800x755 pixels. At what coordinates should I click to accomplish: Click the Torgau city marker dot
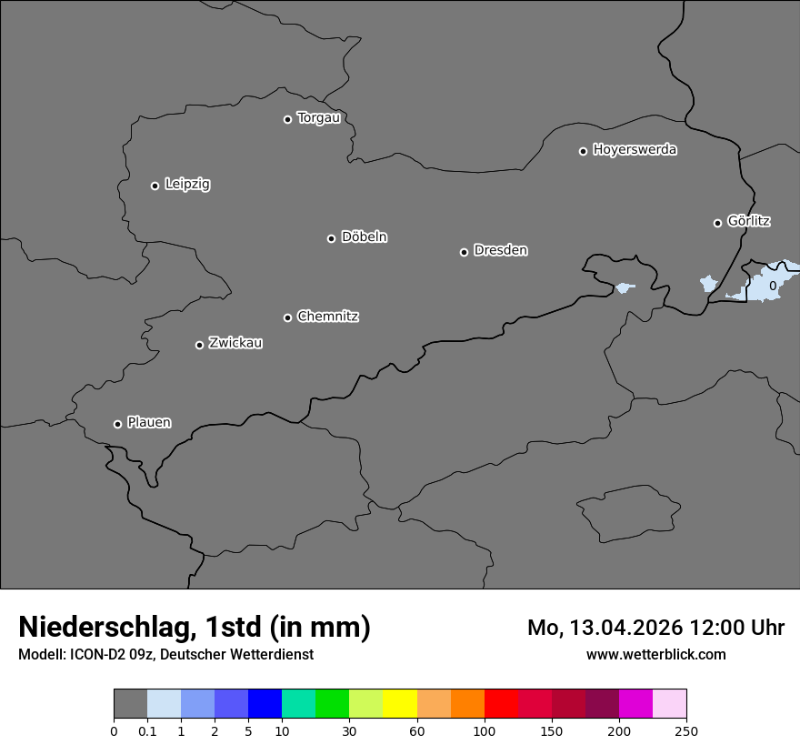[287, 119]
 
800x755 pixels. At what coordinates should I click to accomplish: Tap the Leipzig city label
[187, 184]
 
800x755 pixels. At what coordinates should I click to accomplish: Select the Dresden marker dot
[464, 252]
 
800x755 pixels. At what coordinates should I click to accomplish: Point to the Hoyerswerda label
[635, 149]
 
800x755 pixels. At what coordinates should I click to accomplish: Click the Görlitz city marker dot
[717, 223]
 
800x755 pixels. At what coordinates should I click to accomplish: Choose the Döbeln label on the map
[364, 237]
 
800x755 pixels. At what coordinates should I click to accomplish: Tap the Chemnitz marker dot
[287, 317]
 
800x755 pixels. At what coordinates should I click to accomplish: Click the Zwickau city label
[235, 343]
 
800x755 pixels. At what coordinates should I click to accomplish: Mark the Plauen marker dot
[117, 424]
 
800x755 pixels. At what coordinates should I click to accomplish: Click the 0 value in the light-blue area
[773, 286]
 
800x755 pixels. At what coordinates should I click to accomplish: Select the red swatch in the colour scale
[501, 704]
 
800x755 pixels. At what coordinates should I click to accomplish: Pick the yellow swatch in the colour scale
[400, 704]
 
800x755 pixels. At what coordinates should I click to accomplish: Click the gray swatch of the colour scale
[130, 704]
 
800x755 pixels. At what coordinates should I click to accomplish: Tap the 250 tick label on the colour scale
[686, 730]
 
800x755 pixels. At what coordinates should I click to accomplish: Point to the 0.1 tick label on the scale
[147, 730]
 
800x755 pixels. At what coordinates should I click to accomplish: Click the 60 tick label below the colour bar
[417, 730]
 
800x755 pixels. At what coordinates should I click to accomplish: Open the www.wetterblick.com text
[656, 654]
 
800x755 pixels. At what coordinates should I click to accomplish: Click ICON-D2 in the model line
[96, 654]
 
